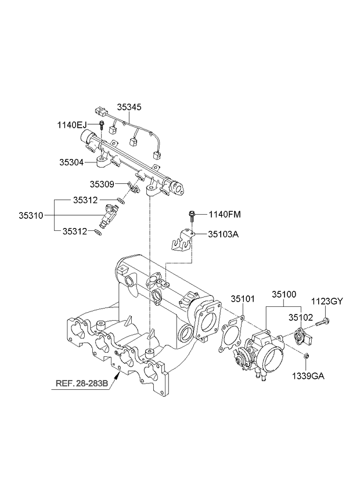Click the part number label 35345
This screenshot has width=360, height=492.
click(x=129, y=107)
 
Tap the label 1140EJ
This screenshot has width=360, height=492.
click(x=71, y=125)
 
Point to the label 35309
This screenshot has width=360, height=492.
click(x=102, y=184)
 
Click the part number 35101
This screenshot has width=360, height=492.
click(x=244, y=299)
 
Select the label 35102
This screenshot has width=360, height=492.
click(x=302, y=318)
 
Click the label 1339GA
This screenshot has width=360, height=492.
click(x=309, y=376)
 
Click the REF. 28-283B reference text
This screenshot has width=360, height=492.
click(x=82, y=384)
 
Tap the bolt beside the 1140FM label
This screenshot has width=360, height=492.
click(x=191, y=217)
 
